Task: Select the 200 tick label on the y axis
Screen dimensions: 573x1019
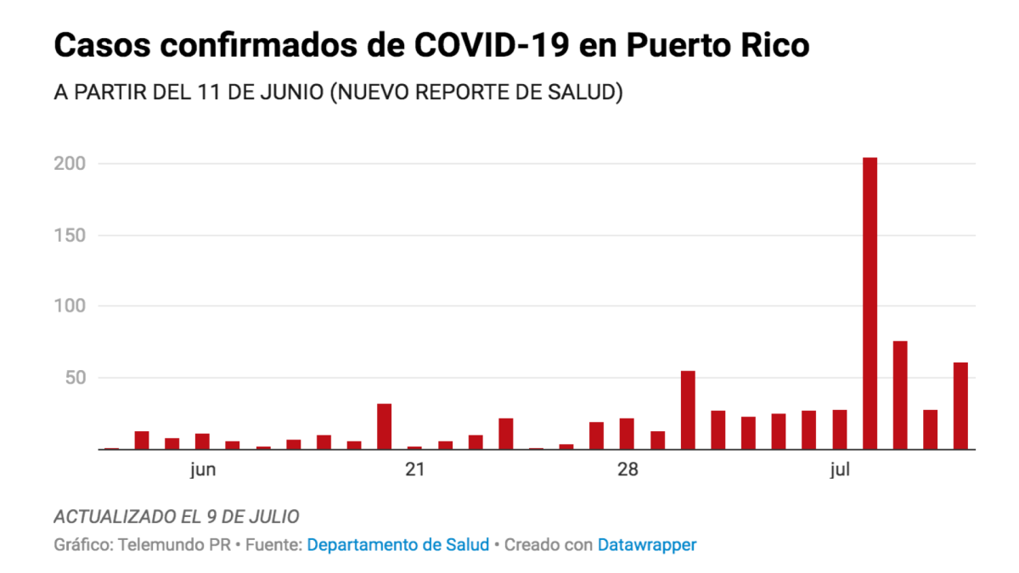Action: pyautogui.click(x=69, y=163)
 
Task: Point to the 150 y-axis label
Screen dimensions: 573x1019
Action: pyautogui.click(x=69, y=235)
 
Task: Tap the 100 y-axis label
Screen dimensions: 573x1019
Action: pyautogui.click(x=69, y=306)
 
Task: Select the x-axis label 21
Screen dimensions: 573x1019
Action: pyautogui.click(x=414, y=470)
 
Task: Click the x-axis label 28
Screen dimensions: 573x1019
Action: pyautogui.click(x=627, y=470)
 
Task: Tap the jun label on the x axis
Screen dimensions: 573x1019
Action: pyautogui.click(x=202, y=470)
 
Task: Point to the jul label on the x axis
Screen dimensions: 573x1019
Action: pyautogui.click(x=840, y=470)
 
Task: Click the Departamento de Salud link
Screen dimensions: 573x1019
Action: pyautogui.click(x=397, y=545)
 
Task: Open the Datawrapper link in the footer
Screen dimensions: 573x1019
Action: pyautogui.click(x=647, y=545)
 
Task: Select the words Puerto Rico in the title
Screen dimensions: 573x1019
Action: pyautogui.click(x=718, y=46)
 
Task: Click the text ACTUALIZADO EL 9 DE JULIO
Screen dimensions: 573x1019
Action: pyautogui.click(x=176, y=517)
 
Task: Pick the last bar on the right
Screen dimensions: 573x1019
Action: pyautogui.click(x=960, y=407)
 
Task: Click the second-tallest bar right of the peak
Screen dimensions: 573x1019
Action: pyautogui.click(x=900, y=396)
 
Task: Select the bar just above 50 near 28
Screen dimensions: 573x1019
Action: pyautogui.click(x=688, y=410)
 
